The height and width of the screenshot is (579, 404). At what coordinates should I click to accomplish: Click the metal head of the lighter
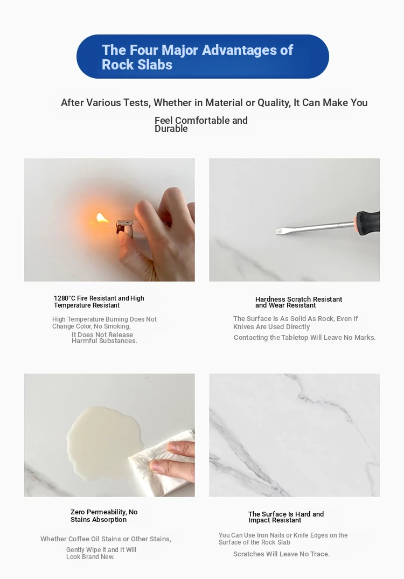(x=124, y=226)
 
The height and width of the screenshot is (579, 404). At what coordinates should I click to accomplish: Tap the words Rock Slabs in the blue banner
(x=137, y=65)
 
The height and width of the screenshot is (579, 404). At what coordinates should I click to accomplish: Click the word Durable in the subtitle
(x=171, y=129)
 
